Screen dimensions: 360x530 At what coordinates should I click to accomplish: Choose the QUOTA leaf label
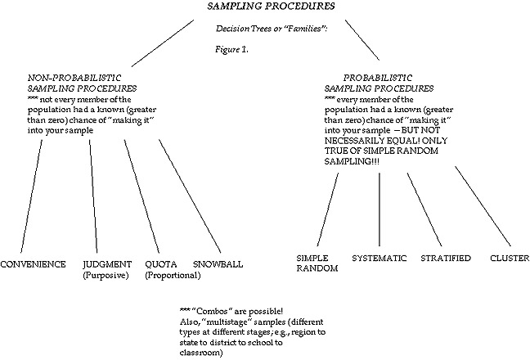[160, 264]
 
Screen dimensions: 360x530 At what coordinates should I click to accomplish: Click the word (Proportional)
[173, 276]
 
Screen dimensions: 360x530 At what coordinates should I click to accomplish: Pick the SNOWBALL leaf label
[218, 264]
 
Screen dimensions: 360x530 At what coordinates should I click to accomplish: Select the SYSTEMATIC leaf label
[380, 258]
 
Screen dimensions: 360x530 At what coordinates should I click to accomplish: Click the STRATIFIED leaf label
[446, 258]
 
